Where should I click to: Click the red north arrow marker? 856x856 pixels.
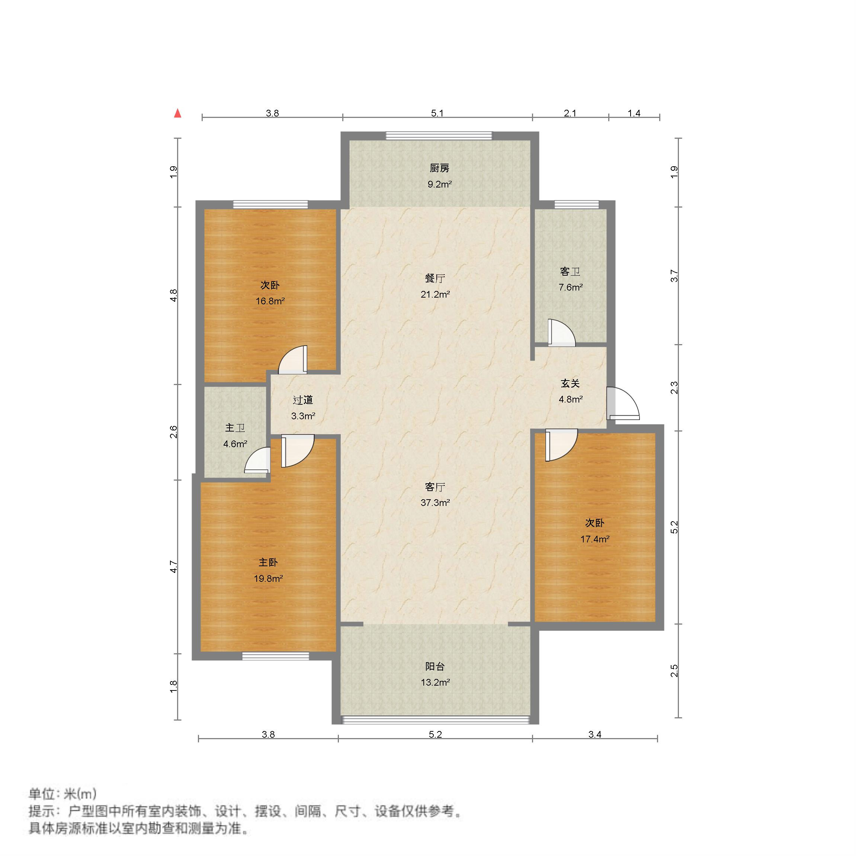(178, 113)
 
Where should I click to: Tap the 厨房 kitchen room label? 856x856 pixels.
(439, 169)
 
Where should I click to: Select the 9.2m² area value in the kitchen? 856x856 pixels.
(439, 184)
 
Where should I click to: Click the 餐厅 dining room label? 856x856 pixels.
(435, 278)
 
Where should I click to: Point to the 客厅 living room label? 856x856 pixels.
(435, 487)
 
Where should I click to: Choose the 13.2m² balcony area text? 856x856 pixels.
(435, 682)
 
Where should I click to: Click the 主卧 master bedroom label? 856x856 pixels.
(268, 562)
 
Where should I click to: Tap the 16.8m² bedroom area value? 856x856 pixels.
(270, 301)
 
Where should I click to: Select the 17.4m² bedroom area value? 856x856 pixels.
(594, 539)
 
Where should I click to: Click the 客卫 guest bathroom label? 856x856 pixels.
(570, 272)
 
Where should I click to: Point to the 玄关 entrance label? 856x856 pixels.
(570, 383)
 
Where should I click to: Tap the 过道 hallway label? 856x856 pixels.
(303, 400)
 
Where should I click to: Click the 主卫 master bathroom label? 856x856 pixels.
(235, 427)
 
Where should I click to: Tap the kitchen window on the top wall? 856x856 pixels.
(439, 135)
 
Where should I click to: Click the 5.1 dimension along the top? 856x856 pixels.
(437, 113)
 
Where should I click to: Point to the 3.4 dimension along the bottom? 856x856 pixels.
(594, 735)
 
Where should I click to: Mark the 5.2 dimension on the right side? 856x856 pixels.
(674, 527)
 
